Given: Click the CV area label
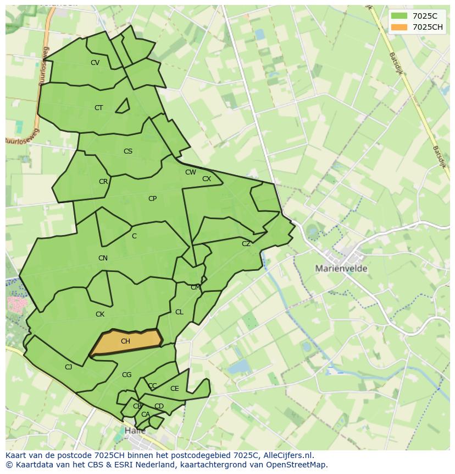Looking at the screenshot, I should coord(95,63).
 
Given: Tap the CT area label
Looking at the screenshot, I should coord(98,108).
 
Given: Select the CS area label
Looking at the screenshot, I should coord(128,151).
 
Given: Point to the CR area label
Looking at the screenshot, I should coord(103,182).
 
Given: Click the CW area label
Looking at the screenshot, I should coord(190,172).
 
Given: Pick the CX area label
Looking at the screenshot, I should coord(207,179).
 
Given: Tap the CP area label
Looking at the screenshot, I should coord(152,199).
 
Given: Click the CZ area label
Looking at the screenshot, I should coord(246,244).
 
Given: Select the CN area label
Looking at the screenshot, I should coord(103,258).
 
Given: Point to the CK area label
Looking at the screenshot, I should coord(100,314).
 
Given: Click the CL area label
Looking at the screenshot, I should coord(179,312).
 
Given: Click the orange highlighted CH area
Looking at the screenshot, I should coord(125,341).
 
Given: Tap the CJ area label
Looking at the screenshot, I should coord(69,367).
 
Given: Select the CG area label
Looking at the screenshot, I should coord(127,375).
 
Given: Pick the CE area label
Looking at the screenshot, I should coord(175,389).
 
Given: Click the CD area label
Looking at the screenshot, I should coord(159,406).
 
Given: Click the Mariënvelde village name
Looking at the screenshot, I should coord(341,269).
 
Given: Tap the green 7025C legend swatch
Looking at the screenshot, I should coord(399,16).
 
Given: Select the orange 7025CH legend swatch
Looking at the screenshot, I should coord(399,27).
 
